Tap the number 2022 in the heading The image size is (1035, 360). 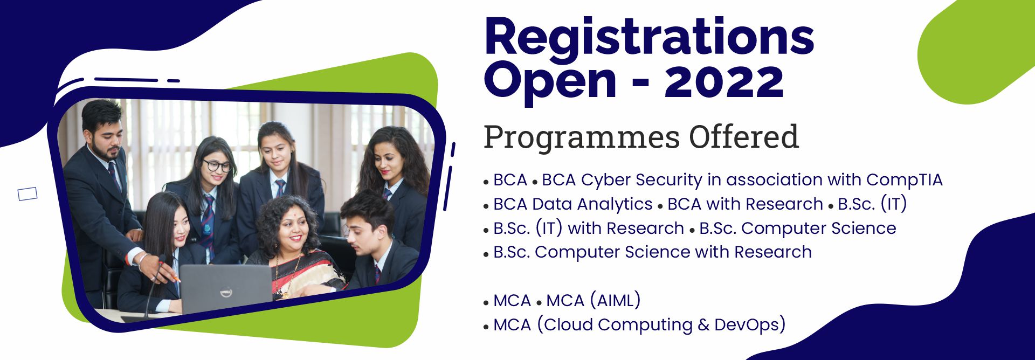[724, 81]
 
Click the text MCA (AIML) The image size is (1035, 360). [594, 300]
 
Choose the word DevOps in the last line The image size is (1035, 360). [750, 324]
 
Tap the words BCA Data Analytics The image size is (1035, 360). [573, 204]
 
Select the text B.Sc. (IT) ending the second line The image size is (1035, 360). [872, 204]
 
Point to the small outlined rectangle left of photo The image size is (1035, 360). [27, 194]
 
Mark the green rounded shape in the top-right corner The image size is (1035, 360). [976, 51]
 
